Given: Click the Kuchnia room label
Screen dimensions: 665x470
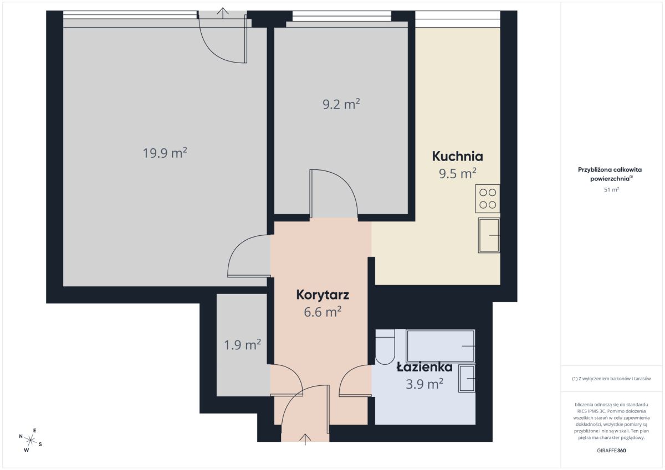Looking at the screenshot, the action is (x=458, y=156).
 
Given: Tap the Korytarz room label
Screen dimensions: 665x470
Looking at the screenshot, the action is (x=323, y=295).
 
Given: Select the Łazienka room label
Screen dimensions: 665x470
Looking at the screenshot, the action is (x=424, y=368).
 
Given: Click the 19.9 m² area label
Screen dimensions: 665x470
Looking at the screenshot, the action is (x=165, y=153).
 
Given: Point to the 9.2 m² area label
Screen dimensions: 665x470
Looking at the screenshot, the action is (x=341, y=104).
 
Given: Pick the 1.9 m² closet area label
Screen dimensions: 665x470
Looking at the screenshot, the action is (x=242, y=345).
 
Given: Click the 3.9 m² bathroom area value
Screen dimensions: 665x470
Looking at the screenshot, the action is (x=424, y=384).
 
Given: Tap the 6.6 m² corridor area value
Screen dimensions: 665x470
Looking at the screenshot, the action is (x=323, y=312).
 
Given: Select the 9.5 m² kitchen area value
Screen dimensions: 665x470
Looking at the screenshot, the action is (x=458, y=173).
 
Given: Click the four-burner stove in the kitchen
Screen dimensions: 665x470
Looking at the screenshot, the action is (x=488, y=199).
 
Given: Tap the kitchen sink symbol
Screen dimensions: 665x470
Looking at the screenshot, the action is (x=489, y=235).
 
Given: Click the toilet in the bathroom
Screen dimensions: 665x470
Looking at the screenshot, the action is (x=385, y=347).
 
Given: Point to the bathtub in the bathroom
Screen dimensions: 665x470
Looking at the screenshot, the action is (x=441, y=346).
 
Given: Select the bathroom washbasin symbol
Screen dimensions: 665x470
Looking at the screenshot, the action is (x=467, y=378).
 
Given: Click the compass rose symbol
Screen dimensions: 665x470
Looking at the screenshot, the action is (x=30, y=440).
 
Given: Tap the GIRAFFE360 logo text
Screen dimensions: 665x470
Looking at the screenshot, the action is (x=611, y=451).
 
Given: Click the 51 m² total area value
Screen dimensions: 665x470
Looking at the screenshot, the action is (x=611, y=189).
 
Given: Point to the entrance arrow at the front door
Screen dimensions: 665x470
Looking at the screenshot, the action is (x=305, y=440).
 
